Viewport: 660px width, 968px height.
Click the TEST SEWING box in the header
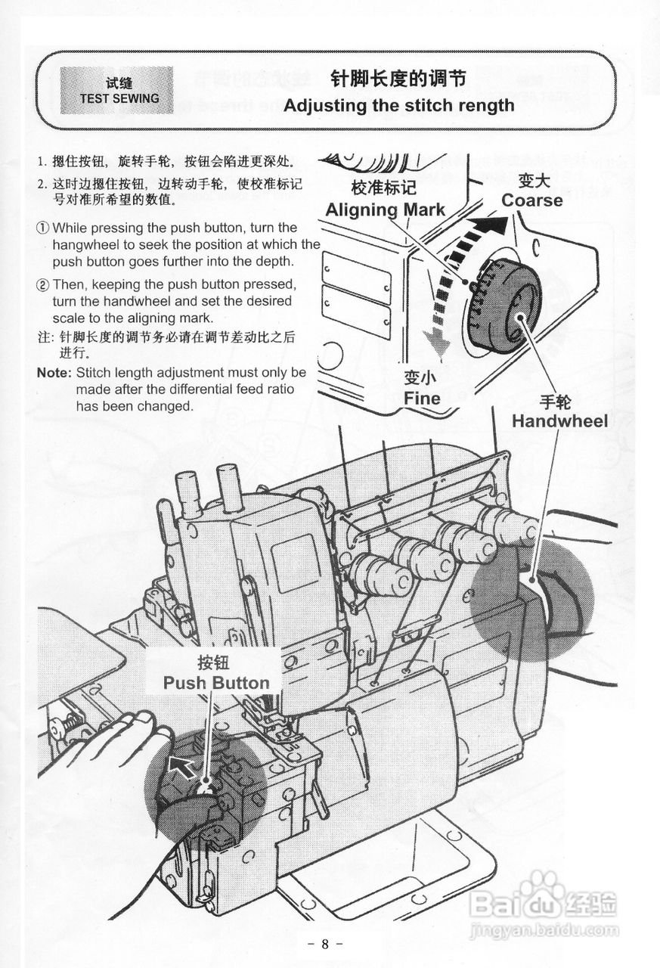pyautogui.click(x=116, y=90)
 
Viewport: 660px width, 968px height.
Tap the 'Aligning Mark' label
pyautogui.click(x=385, y=209)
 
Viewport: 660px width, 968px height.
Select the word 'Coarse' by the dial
pyautogui.click(x=531, y=200)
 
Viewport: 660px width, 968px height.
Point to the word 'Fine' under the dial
pyautogui.click(x=421, y=398)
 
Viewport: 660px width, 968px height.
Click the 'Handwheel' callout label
pyautogui.click(x=559, y=420)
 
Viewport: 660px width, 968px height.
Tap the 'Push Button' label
pyautogui.click(x=216, y=683)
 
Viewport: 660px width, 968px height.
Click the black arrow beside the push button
pyautogui.click(x=181, y=765)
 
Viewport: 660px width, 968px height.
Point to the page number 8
pyautogui.click(x=326, y=944)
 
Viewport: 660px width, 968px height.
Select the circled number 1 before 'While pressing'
pyautogui.click(x=44, y=228)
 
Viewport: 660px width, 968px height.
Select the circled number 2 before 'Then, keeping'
pyautogui.click(x=44, y=285)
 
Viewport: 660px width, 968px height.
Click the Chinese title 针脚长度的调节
pyautogui.click(x=398, y=79)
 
